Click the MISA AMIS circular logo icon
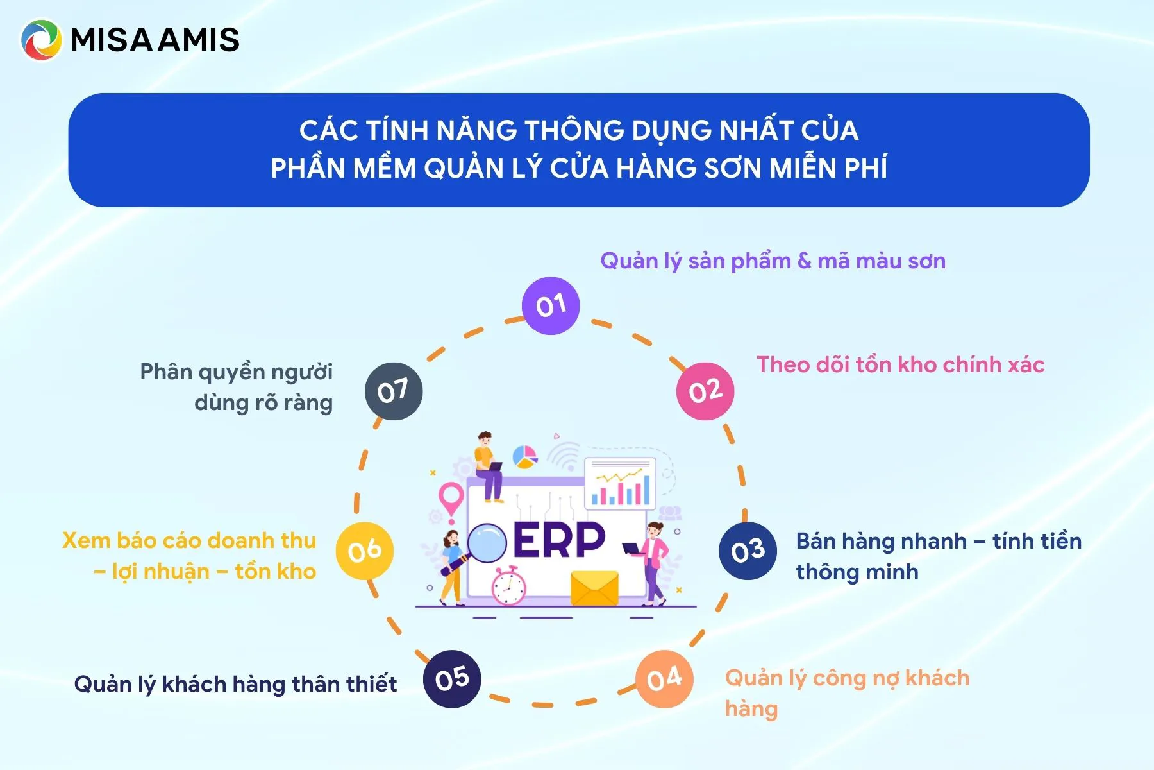click(x=42, y=40)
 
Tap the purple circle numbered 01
click(x=551, y=305)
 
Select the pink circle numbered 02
click(x=705, y=391)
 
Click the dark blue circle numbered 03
click(x=748, y=551)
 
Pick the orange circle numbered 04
click(x=664, y=679)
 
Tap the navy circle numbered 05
click(x=452, y=679)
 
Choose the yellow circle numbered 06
click(x=365, y=551)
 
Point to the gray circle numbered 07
click(x=394, y=391)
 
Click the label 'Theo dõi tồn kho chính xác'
click(x=901, y=364)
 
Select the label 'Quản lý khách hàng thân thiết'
click(x=235, y=685)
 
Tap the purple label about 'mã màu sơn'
click(x=773, y=261)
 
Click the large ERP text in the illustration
click(x=559, y=540)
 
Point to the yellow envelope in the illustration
click(x=594, y=588)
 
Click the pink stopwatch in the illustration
click(x=508, y=586)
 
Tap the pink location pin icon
click(x=451, y=501)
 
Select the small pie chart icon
click(x=525, y=457)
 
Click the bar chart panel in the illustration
click(x=620, y=483)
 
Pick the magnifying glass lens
click(x=487, y=543)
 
